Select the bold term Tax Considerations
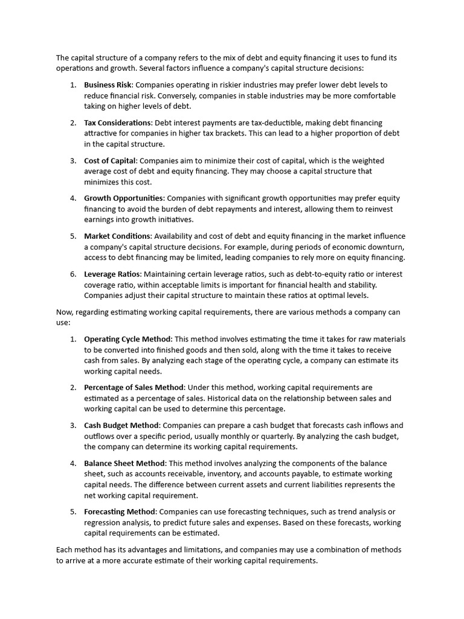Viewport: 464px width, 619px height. click(118, 123)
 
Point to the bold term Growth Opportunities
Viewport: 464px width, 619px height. click(123, 198)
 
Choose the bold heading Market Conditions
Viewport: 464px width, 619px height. click(117, 236)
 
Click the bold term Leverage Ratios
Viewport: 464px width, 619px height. click(112, 274)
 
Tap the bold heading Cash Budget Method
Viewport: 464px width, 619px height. click(121, 426)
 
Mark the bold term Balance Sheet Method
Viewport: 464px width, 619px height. click(124, 463)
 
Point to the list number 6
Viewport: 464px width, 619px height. click(72, 274)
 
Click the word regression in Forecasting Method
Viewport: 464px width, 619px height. click(103, 522)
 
